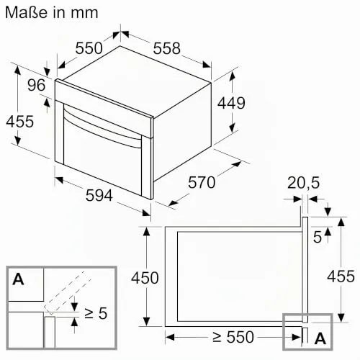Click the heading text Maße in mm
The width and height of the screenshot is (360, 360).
pos(52,12)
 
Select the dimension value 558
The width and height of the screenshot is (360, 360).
pos(166,48)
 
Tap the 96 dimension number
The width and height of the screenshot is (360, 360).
pos(36,85)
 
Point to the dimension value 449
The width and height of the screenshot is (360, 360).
pos(231,103)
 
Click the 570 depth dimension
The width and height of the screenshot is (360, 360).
pos(202,182)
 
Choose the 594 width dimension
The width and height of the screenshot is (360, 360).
pos(99,195)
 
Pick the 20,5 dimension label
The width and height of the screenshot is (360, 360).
pos(303,183)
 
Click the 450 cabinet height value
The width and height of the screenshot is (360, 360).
pos(145,278)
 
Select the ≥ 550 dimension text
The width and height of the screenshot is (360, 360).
pos(233,337)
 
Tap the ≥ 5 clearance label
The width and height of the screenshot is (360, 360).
pos(96,313)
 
